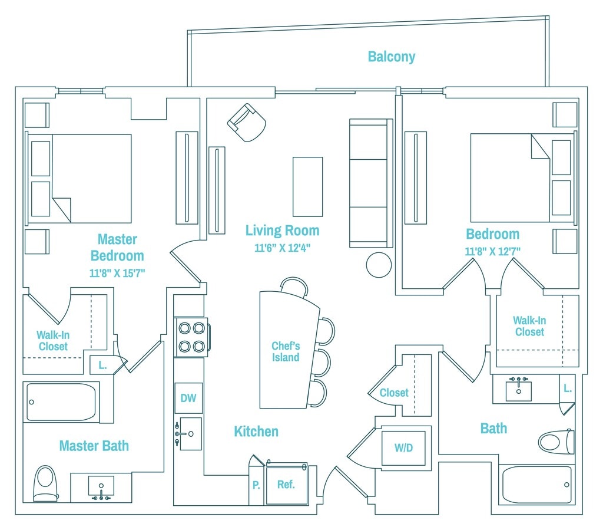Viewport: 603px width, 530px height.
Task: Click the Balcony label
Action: pyautogui.click(x=392, y=57)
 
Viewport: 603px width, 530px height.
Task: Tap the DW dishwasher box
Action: pyautogui.click(x=188, y=398)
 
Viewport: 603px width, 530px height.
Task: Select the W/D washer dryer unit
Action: pyautogui.click(x=403, y=448)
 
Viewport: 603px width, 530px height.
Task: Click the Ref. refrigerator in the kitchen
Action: pyautogui.click(x=287, y=484)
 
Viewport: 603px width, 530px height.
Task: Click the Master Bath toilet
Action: pyautogui.click(x=45, y=483)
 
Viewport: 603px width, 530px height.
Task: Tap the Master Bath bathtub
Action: pyautogui.click(x=61, y=402)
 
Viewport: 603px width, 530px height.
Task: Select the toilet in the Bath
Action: pyautogui.click(x=556, y=442)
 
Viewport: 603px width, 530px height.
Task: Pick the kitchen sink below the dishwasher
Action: pyautogui.click(x=190, y=434)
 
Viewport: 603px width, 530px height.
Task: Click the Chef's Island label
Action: pyautogui.click(x=286, y=351)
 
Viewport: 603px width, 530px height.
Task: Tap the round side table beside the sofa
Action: pyautogui.click(x=379, y=265)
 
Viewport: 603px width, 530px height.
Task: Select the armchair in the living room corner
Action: pyautogui.click(x=247, y=123)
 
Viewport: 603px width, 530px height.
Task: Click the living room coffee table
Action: pyautogui.click(x=307, y=187)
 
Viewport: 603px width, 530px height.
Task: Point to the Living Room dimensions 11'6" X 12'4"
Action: pyautogui.click(x=282, y=248)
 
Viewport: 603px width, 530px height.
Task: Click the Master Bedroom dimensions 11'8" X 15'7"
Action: pyautogui.click(x=117, y=273)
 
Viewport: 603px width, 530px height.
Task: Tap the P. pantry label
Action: pyautogui.click(x=256, y=485)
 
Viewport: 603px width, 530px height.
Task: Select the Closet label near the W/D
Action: pyautogui.click(x=394, y=393)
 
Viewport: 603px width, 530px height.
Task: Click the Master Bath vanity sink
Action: pyautogui.click(x=101, y=486)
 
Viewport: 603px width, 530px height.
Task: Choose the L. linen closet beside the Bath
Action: pyautogui.click(x=567, y=389)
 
